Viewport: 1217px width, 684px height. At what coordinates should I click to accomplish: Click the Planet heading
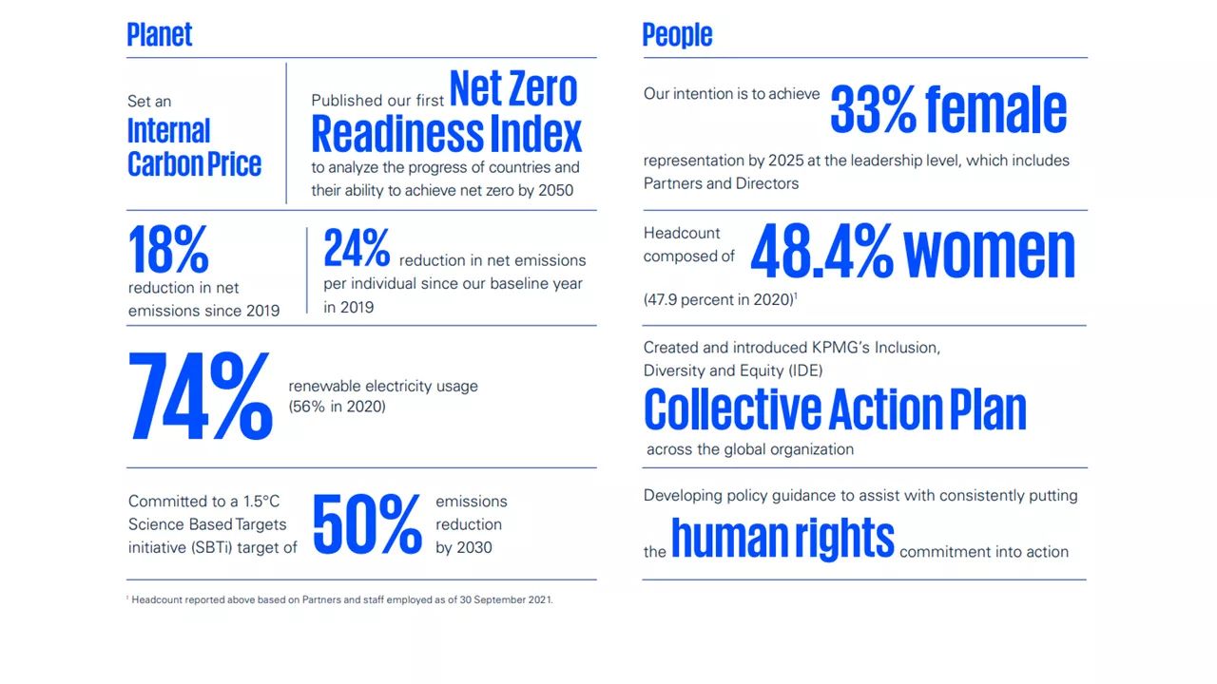coord(160,35)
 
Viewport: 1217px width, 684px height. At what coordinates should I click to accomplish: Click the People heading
coord(677,35)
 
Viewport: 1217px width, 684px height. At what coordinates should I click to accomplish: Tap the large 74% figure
coord(200,396)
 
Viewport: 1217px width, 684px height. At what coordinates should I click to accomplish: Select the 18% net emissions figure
coord(168,251)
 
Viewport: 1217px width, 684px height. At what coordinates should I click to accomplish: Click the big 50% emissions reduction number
coord(367,523)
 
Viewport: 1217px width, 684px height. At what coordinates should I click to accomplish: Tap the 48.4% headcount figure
coord(821,253)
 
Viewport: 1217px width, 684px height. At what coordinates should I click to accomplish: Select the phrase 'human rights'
coord(782,538)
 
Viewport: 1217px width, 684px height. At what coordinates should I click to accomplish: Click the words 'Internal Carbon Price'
coord(194,147)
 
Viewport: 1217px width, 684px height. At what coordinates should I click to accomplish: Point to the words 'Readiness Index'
coord(446,134)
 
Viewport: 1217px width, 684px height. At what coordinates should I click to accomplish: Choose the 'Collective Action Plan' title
coord(835,409)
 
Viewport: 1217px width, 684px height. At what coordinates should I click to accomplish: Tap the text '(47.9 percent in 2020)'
coord(718,299)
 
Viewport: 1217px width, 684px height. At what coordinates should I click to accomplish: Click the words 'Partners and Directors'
coord(721,183)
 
